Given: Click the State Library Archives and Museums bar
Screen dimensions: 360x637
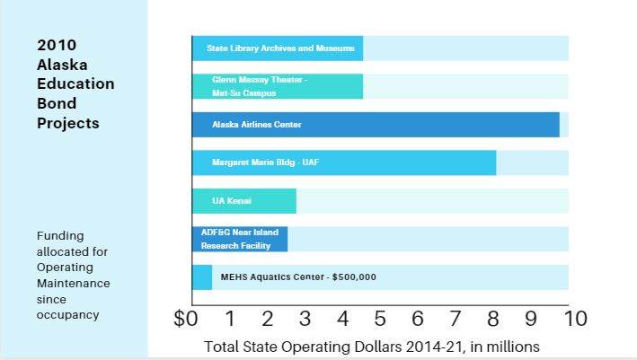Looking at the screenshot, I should coord(277,48).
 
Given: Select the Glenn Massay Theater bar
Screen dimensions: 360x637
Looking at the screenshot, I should coord(277,86).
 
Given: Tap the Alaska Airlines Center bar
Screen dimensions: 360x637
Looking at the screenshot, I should coord(375,125).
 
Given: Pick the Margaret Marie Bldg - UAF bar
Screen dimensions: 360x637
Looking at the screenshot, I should coord(343,162).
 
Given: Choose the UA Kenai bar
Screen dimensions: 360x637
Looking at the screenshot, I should coord(243,201).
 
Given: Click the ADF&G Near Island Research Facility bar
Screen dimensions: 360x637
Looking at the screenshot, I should coord(239,239).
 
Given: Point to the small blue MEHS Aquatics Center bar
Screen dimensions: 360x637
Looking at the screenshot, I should coord(202,277).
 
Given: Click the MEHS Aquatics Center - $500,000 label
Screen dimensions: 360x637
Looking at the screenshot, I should coord(297,277).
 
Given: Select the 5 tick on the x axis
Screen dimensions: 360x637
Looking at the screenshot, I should coord(381,318).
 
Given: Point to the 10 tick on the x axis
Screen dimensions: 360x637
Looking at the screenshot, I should coord(576,318).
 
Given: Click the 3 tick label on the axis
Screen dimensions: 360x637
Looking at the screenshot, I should coord(305,318).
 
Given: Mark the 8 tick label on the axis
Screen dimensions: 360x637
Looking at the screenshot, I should coord(493,318).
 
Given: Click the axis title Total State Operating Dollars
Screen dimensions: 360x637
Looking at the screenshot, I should coord(373,346).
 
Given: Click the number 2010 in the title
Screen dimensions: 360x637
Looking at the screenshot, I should coord(56,44).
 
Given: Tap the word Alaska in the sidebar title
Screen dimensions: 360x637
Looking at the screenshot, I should coord(59,64).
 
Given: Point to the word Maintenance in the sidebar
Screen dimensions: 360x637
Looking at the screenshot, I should coord(74,284).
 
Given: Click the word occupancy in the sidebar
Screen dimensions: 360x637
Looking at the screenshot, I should coord(67,315).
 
